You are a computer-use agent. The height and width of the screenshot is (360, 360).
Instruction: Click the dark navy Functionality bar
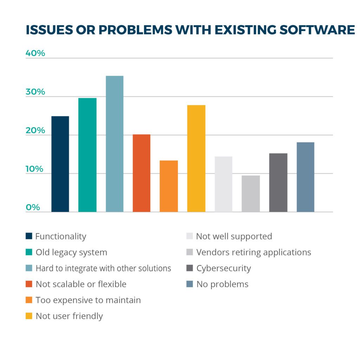(x=60, y=164)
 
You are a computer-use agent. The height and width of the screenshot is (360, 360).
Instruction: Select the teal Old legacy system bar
(x=87, y=155)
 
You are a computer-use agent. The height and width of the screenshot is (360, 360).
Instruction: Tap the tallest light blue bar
(x=115, y=144)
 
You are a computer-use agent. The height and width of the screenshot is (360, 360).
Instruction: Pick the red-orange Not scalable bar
(x=141, y=173)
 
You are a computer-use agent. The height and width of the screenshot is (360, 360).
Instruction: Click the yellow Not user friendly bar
(x=196, y=158)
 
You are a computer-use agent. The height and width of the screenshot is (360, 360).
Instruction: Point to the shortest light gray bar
(x=251, y=193)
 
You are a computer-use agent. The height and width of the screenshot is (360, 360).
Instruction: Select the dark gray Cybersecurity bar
(x=278, y=182)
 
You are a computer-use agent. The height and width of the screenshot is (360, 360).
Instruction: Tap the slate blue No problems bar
(x=305, y=177)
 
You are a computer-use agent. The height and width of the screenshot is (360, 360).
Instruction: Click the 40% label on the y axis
(x=36, y=53)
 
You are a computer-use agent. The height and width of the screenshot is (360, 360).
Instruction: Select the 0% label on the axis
(x=33, y=207)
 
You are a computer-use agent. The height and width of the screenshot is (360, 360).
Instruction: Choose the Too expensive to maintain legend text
(x=88, y=300)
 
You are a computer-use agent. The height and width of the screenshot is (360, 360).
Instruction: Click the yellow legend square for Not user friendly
(x=29, y=316)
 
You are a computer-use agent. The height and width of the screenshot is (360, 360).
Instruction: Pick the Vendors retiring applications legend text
(x=253, y=252)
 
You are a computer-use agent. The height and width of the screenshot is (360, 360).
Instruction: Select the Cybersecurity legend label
(x=224, y=268)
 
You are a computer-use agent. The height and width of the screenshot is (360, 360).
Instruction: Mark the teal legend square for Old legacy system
(x=29, y=252)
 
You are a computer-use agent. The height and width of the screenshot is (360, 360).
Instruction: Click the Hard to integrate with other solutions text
(x=103, y=268)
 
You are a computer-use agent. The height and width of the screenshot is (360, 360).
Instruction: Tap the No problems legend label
(x=222, y=284)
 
